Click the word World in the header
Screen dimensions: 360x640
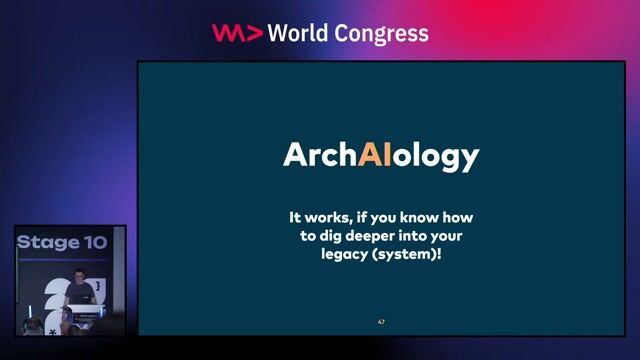coord(304,33)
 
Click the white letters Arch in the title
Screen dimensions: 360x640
coord(320,155)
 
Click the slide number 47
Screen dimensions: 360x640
coord(381,322)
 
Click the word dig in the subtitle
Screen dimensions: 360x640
coord(336,235)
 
